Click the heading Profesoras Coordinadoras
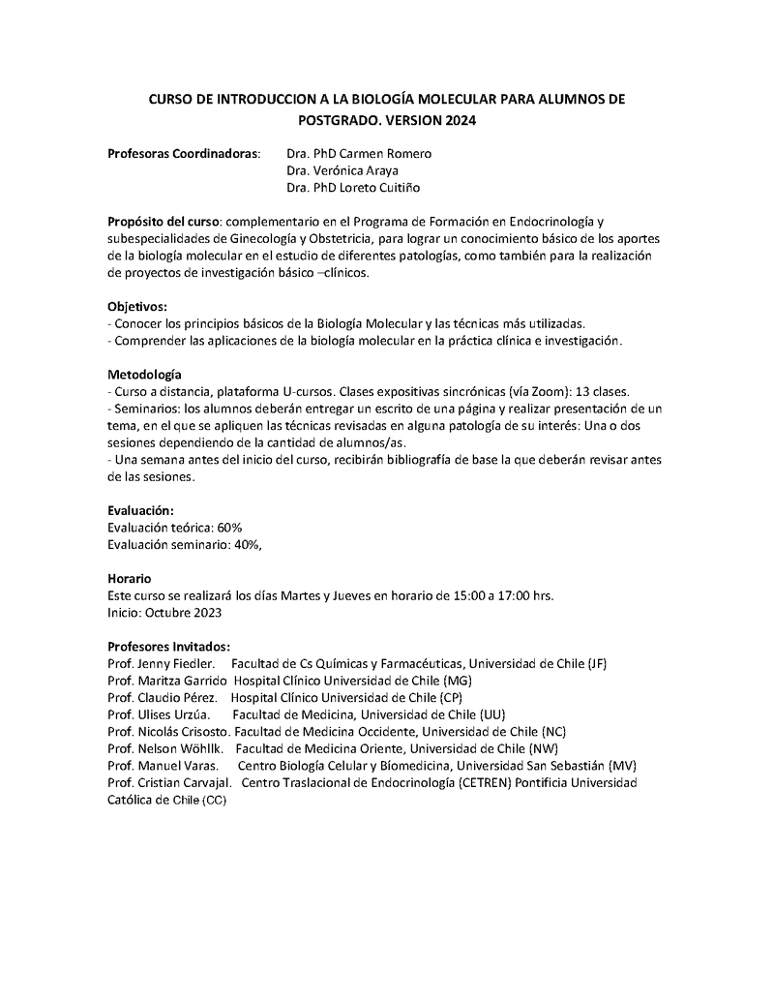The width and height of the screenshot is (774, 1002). coord(183,154)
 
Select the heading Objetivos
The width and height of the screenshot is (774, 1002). coord(137,306)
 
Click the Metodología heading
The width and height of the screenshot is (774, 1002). coord(144,375)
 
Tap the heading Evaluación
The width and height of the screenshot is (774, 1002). coord(141,510)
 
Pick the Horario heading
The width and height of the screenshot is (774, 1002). coord(130,578)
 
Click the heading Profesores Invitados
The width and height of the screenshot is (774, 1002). coord(168,646)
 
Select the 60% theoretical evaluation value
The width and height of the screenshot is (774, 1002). coord(229,528)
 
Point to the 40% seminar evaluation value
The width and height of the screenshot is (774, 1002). coord(246,544)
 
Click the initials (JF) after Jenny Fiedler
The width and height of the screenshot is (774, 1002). coord(597,663)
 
